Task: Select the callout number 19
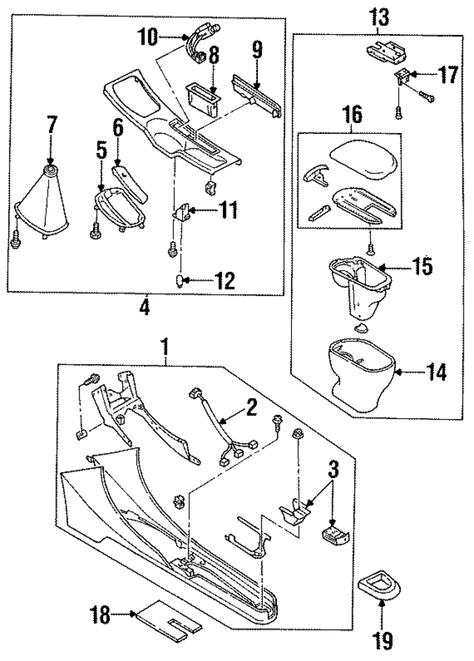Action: [x=382, y=642]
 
